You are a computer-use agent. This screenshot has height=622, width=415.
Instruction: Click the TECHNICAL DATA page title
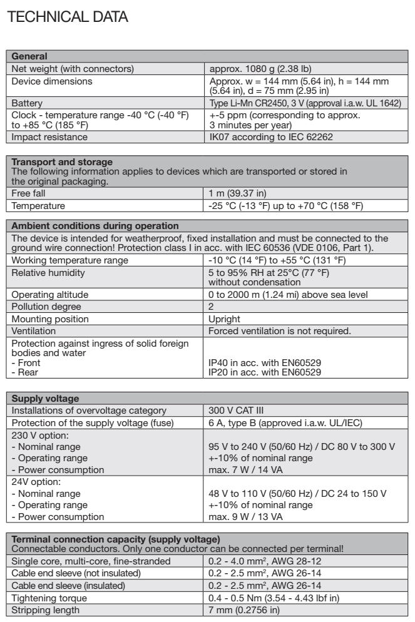66,18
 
